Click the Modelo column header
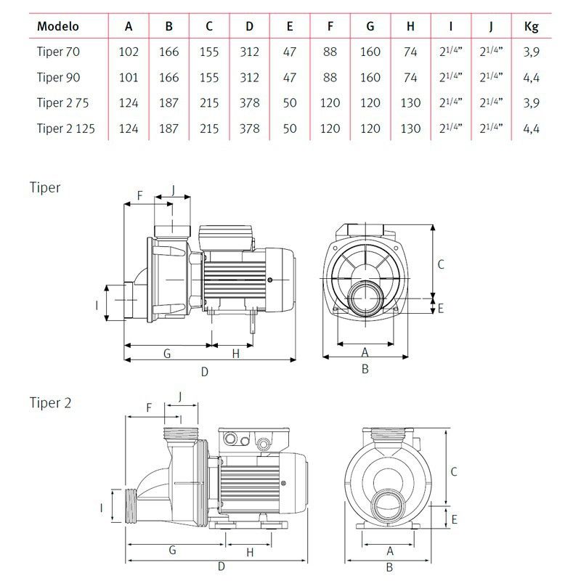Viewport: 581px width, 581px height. click(x=58, y=26)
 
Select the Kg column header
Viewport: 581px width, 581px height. click(x=531, y=27)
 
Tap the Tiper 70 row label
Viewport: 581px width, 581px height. click(x=58, y=52)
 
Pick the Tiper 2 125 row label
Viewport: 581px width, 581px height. click(x=66, y=129)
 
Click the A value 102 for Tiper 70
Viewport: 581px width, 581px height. click(x=129, y=52)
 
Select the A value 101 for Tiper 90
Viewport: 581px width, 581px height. click(x=129, y=78)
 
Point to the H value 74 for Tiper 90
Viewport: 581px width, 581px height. click(x=410, y=78)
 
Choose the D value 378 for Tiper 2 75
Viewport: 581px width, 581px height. click(x=249, y=102)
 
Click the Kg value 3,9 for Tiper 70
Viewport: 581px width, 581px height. click(x=531, y=52)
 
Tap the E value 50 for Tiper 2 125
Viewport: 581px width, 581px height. click(x=289, y=129)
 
